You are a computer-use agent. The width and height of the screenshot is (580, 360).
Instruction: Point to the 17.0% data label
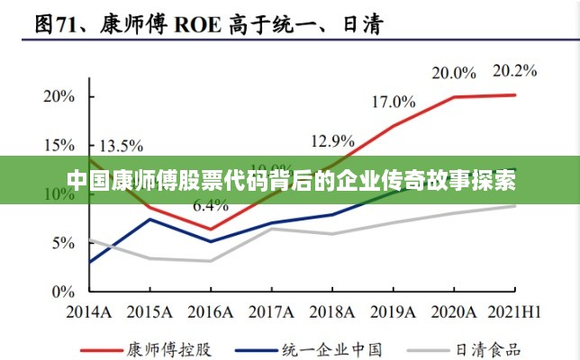click(x=394, y=102)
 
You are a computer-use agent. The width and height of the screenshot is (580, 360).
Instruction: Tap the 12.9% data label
click(x=332, y=140)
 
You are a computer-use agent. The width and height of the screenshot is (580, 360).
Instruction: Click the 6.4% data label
click(x=211, y=205)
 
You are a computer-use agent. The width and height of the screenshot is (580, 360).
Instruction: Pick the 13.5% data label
click(x=121, y=145)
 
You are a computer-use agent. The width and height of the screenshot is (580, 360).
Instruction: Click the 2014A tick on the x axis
click(x=89, y=311)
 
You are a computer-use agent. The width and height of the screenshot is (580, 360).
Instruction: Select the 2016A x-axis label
click(x=211, y=311)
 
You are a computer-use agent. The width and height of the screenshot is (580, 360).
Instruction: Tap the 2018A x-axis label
click(x=332, y=311)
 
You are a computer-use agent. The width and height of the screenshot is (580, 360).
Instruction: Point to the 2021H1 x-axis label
click(x=515, y=311)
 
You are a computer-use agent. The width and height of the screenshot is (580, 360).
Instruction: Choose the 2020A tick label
click(x=454, y=311)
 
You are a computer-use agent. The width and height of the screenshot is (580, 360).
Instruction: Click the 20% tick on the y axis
click(x=58, y=95)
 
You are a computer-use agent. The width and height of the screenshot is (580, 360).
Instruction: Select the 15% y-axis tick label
click(x=58, y=145)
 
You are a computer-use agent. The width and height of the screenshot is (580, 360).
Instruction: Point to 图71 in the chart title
click(x=61, y=26)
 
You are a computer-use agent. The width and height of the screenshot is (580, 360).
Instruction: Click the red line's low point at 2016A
click(x=211, y=229)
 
